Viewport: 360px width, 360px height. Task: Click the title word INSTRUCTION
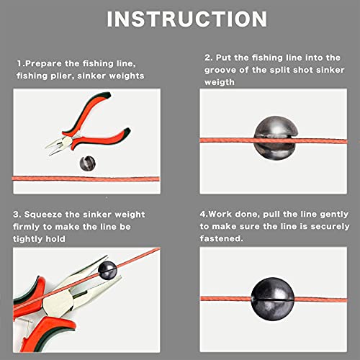click(179, 19)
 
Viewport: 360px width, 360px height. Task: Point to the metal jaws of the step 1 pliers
click(55, 148)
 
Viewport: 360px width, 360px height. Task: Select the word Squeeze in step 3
click(48, 215)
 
